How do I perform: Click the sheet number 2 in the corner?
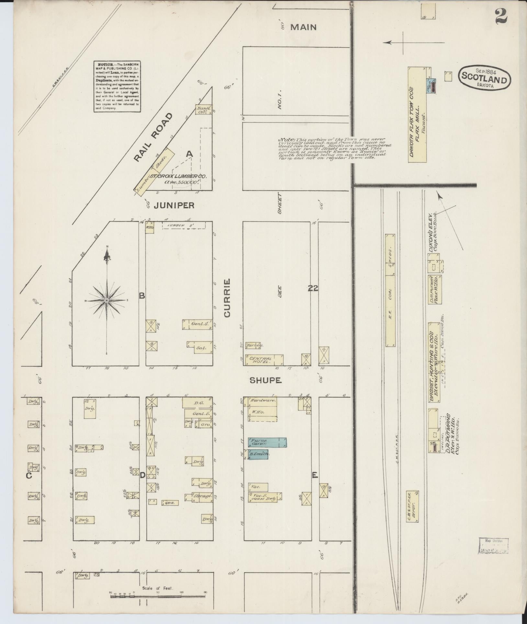click(x=501, y=16)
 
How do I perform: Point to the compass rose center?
click(x=107, y=300)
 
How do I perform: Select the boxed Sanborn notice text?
click(x=117, y=86)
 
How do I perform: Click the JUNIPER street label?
click(x=174, y=205)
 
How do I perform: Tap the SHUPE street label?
click(x=265, y=381)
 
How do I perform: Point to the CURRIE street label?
click(x=227, y=298)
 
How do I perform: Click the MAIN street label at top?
click(x=303, y=28)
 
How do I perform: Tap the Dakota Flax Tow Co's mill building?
click(x=417, y=115)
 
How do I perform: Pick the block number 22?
click(x=313, y=288)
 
